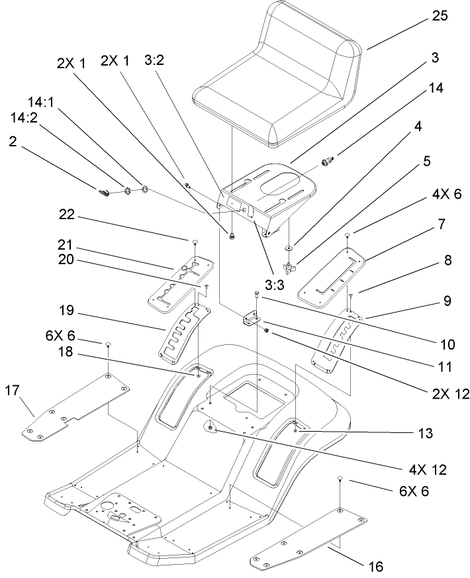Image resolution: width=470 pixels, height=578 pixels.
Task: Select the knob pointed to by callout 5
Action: [x=289, y=268]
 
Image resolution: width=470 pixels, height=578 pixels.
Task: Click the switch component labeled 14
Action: [x=326, y=161]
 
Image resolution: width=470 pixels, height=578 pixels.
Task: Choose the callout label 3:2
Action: [x=154, y=60]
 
